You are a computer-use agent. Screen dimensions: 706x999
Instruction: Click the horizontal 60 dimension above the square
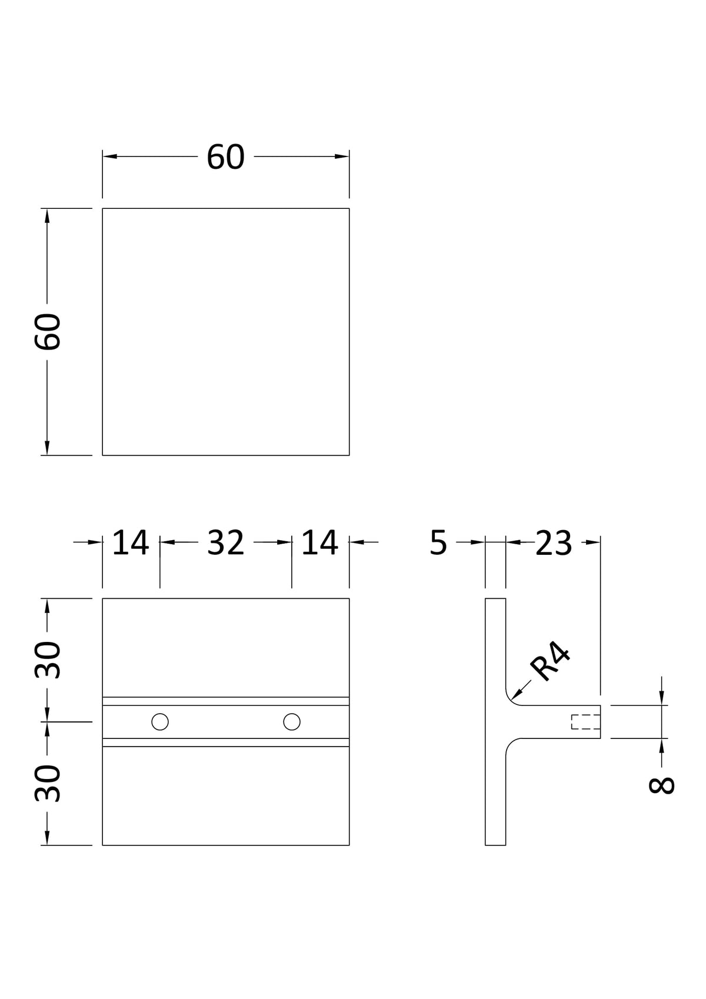click(226, 157)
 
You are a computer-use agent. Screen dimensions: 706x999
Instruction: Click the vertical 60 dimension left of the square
click(47, 331)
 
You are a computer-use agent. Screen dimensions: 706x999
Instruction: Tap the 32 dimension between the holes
click(226, 542)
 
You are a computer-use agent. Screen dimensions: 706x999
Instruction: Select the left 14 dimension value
click(130, 542)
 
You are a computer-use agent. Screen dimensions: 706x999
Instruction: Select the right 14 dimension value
click(320, 542)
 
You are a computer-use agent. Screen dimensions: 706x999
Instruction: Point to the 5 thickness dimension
click(438, 542)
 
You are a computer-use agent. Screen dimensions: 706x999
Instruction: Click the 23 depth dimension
click(554, 542)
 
